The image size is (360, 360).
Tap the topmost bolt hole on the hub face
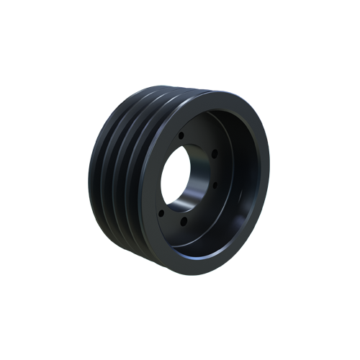[x=181, y=135]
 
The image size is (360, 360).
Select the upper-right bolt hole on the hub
[x=214, y=150]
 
